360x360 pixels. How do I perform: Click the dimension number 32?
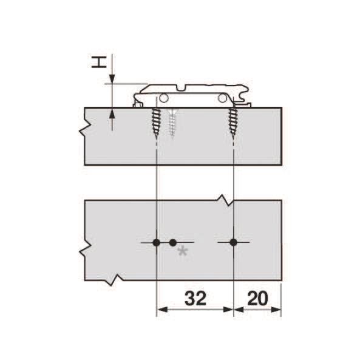(x=195, y=298)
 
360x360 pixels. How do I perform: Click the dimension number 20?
(x=257, y=298)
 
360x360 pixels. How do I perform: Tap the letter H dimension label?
(x=99, y=63)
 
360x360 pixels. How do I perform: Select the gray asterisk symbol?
(x=183, y=252)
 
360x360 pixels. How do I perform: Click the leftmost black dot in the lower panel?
(x=157, y=242)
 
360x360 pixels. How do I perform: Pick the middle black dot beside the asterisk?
(x=173, y=242)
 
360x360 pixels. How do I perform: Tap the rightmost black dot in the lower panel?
(x=234, y=242)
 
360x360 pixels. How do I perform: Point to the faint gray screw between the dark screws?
(x=172, y=123)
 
